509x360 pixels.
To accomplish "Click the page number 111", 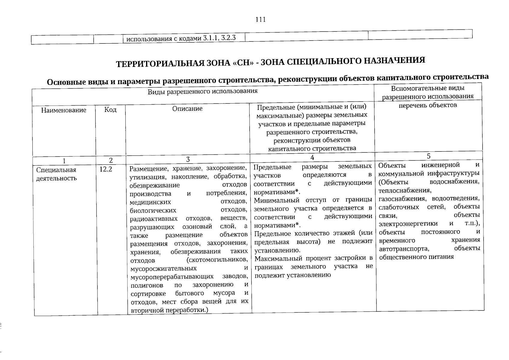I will (x=261, y=20).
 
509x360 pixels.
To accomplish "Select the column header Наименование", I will (x=64, y=110).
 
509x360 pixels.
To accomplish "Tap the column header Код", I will (x=110, y=110).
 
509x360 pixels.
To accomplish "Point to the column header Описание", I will (x=187, y=109).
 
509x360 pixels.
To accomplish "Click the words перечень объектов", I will (x=428, y=105).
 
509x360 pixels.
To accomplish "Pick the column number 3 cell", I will (x=188, y=159).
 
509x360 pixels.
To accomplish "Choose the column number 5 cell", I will (x=428, y=156).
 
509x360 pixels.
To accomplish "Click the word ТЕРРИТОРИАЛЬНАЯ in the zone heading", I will (x=156, y=64).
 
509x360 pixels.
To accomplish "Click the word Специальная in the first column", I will (x=56, y=170).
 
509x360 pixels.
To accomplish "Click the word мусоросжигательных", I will (x=164, y=268).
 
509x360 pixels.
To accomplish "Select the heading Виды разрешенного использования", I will (x=203, y=91).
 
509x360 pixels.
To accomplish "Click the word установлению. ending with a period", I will (x=277, y=250).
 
